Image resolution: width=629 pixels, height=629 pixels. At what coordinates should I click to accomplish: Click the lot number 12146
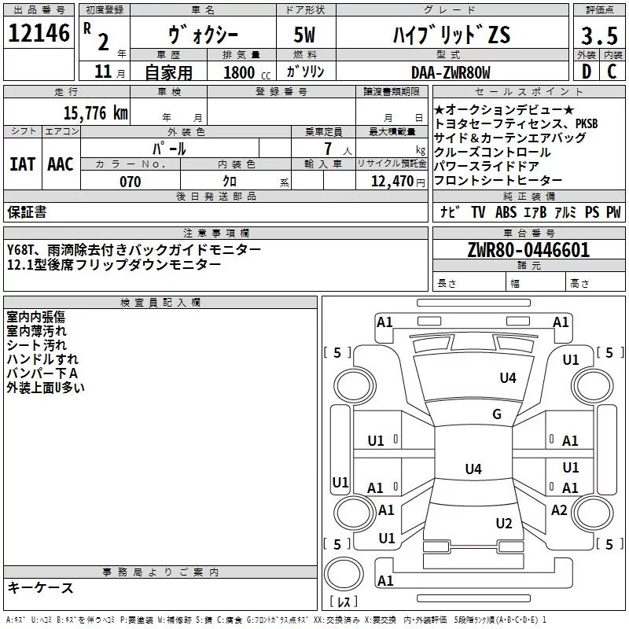tap(39, 34)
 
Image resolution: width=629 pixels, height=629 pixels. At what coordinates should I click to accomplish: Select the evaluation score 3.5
tap(598, 36)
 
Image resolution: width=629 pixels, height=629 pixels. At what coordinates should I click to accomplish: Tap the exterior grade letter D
tap(586, 72)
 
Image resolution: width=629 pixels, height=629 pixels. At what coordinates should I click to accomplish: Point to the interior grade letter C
tap(612, 72)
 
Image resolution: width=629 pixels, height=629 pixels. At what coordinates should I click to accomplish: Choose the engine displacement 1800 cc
tap(245, 72)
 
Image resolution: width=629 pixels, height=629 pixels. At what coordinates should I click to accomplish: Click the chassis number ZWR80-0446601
tap(528, 251)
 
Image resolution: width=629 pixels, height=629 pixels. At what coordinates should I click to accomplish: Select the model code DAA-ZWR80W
tap(451, 72)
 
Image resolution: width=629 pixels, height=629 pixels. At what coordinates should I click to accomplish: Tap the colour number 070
tap(130, 182)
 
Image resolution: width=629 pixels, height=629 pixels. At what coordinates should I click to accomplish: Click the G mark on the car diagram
tap(497, 414)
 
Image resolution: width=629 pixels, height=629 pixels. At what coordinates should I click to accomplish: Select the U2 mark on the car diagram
tap(504, 524)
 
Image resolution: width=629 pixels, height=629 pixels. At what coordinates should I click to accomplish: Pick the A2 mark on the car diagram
tap(559, 510)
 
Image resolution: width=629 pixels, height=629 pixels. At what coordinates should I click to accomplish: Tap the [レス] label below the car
tap(344, 602)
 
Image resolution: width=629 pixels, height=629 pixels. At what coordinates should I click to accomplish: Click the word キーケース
tap(40, 587)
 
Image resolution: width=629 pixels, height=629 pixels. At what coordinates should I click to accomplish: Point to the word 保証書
tap(27, 212)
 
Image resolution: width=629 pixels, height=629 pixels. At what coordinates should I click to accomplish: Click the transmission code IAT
tap(22, 164)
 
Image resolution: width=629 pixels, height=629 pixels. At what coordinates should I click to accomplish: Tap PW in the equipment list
tap(613, 212)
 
